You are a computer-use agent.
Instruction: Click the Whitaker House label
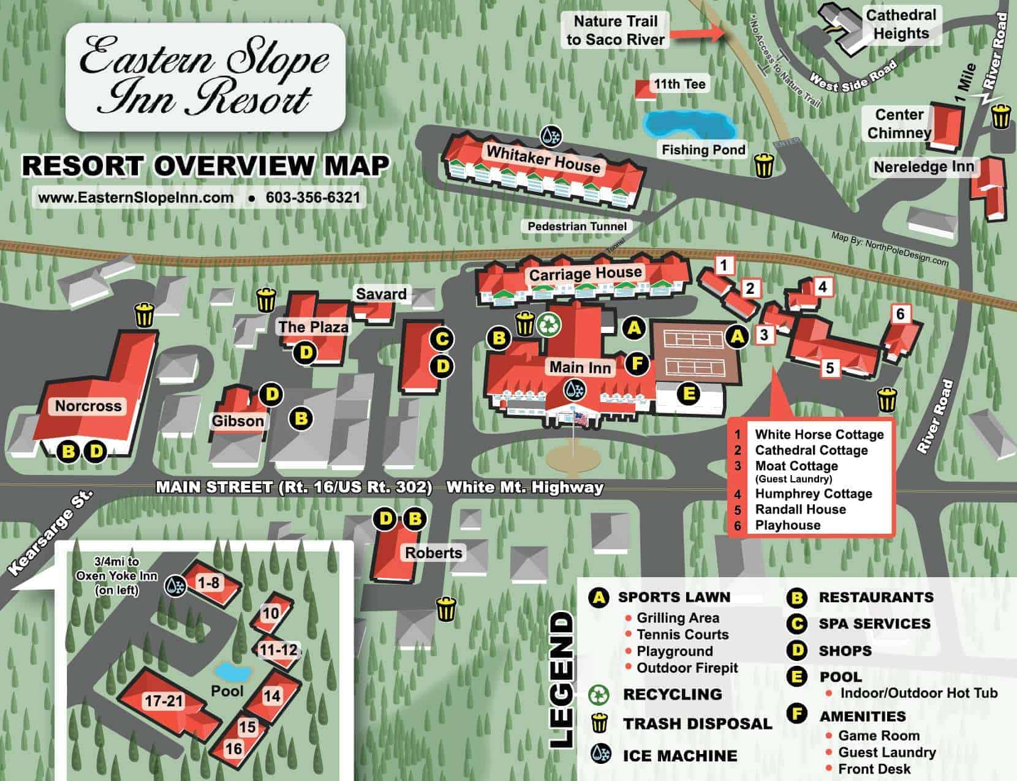point(543,159)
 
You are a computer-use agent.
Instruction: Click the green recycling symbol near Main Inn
point(549,324)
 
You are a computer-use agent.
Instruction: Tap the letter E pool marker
point(689,393)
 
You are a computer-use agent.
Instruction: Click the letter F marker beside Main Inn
point(637,364)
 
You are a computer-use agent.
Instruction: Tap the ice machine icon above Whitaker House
point(551,136)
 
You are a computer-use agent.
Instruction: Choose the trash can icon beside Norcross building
point(145,315)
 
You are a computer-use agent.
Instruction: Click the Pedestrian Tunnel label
point(577,226)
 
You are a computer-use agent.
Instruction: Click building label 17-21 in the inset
point(164,701)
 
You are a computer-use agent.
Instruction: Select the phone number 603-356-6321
point(312,198)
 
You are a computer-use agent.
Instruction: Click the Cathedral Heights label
point(901,24)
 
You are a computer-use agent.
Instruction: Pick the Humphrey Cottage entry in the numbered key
point(813,494)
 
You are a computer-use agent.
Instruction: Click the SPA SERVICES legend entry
point(874,624)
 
